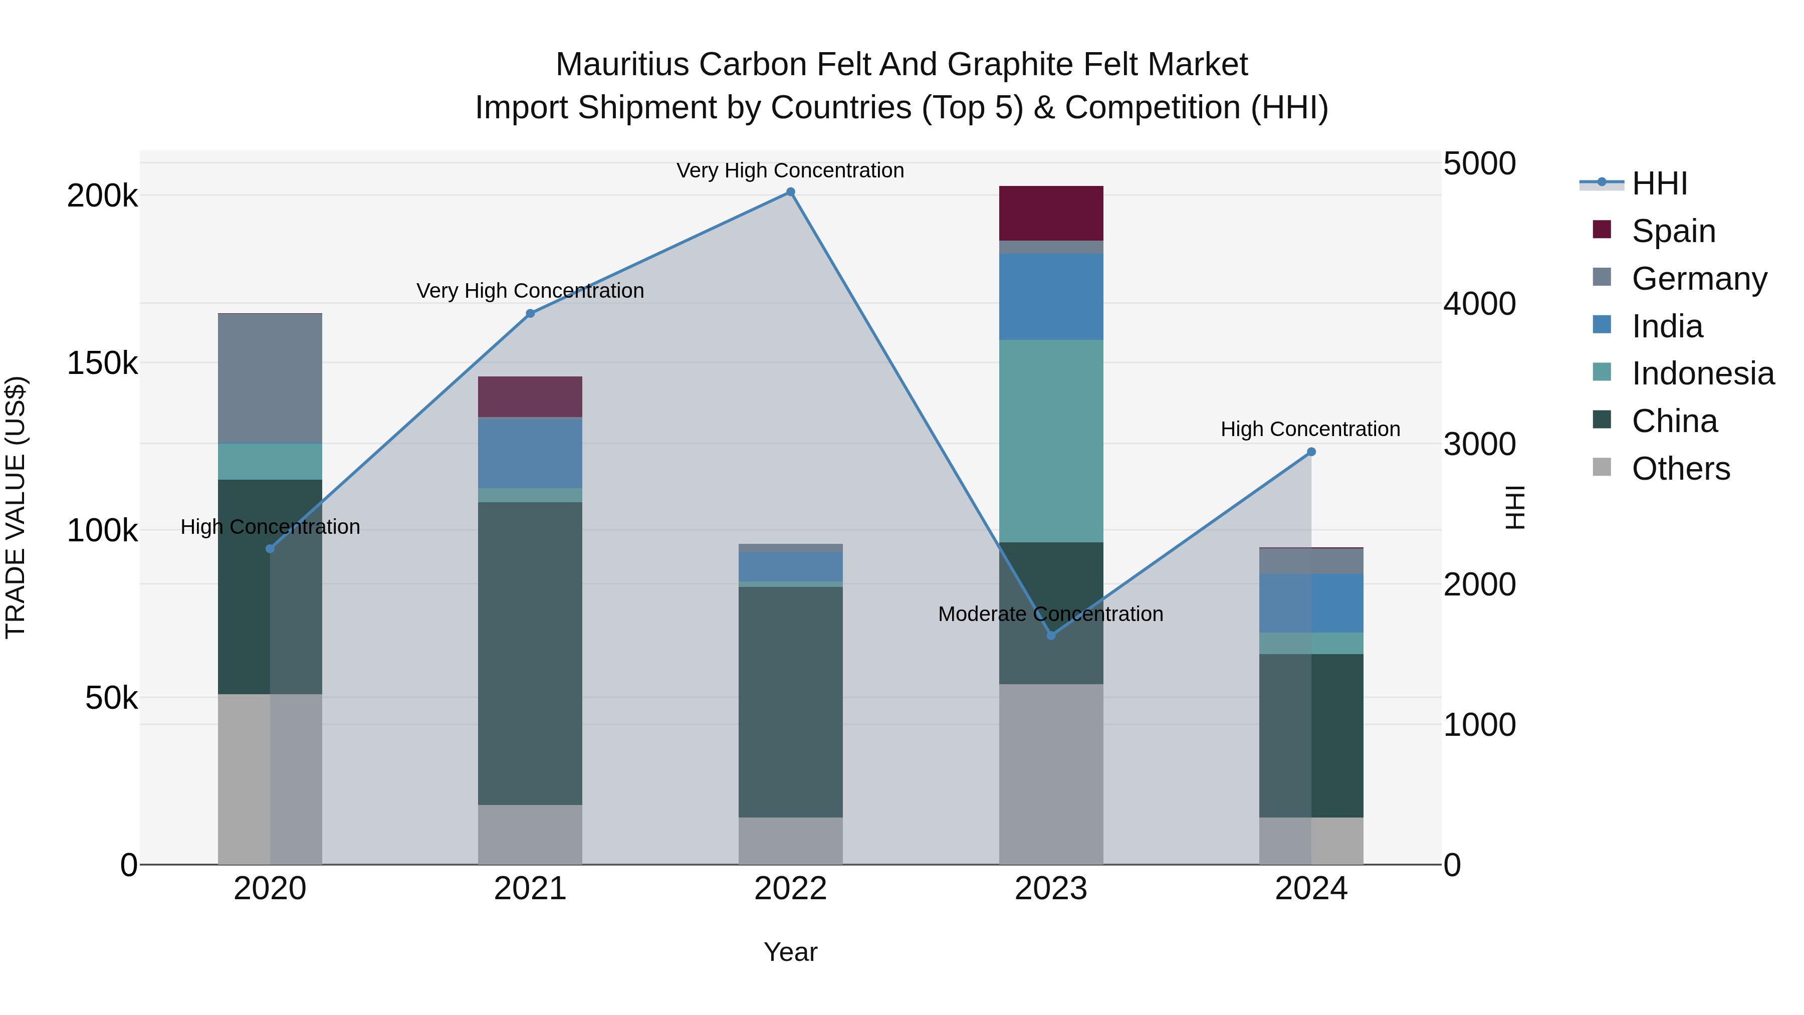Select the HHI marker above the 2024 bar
click(1311, 452)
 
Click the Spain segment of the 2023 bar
click(1050, 213)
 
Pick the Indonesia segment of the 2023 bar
click(1050, 441)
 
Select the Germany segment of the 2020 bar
click(270, 378)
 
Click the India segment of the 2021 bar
click(530, 453)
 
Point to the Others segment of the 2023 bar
click(1050, 773)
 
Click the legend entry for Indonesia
click(1702, 373)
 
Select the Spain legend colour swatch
click(1601, 230)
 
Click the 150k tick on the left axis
click(102, 363)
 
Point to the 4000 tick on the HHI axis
click(1479, 304)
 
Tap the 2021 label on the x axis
click(530, 889)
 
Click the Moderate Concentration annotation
click(1050, 614)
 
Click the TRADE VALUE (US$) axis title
click(16, 507)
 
